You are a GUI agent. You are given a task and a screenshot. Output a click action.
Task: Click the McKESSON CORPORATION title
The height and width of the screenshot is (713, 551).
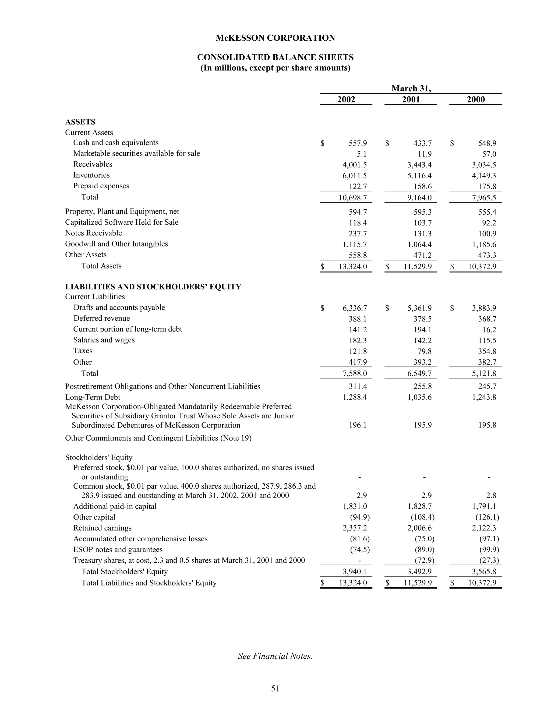(275, 38)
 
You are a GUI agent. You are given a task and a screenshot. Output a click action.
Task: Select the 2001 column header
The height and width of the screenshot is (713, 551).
(411, 99)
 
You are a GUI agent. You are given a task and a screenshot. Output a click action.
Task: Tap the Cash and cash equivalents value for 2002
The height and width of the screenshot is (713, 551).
(358, 143)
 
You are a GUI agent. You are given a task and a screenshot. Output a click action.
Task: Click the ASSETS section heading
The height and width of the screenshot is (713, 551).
(80, 122)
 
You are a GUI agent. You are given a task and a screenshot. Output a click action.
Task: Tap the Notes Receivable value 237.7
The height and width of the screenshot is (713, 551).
(358, 234)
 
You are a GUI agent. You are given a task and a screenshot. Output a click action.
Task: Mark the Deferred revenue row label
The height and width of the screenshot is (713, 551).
(101, 318)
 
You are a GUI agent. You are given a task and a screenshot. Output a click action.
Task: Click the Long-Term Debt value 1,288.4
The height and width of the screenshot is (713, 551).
(355, 397)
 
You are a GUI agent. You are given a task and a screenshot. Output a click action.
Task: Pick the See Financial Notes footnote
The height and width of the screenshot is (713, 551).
(275, 656)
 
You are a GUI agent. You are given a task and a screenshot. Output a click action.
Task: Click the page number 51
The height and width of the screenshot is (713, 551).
(275, 689)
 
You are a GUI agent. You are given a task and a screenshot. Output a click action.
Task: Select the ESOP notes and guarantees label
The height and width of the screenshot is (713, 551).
(118, 550)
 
